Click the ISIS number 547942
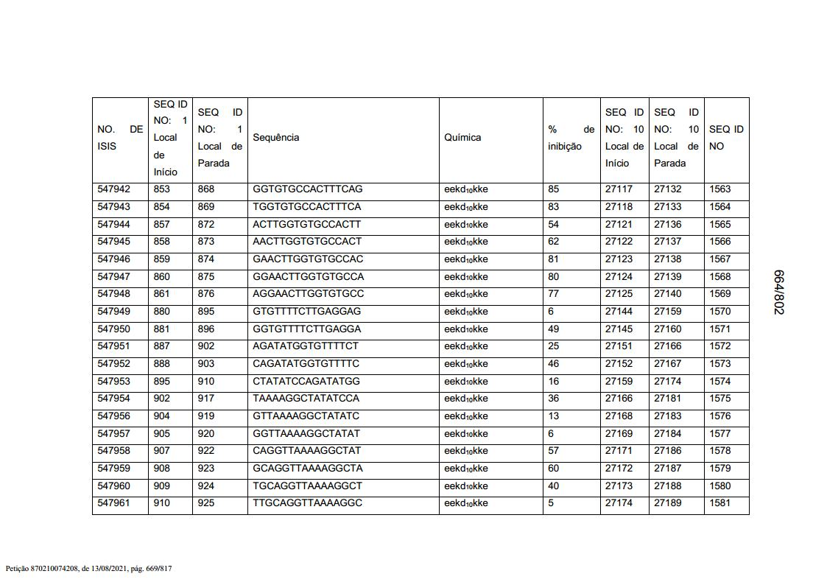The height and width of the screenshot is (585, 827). [x=113, y=189]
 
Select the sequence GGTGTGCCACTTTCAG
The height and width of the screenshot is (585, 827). [x=307, y=189]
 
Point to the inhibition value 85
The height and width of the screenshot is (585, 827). [x=554, y=189]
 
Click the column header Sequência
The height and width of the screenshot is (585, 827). [x=275, y=138]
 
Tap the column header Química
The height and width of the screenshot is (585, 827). [x=462, y=138]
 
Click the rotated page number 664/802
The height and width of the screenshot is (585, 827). [x=778, y=292]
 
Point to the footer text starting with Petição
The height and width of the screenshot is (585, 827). [x=88, y=569]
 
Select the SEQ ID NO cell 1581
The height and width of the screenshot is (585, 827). [x=719, y=503]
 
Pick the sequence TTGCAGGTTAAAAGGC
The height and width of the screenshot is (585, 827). [x=307, y=503]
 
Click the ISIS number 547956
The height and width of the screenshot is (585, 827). [x=113, y=416]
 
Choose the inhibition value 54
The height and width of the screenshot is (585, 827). [x=554, y=224]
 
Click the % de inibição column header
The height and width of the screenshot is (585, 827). [x=571, y=138]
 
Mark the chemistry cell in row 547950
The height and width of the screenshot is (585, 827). [x=465, y=329]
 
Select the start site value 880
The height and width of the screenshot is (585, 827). [x=161, y=312]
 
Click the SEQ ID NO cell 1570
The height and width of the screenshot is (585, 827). [x=719, y=312]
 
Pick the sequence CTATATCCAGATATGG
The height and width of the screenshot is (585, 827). [x=306, y=382]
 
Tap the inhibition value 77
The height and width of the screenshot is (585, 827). [x=554, y=294]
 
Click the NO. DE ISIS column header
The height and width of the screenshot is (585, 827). [x=120, y=138]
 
